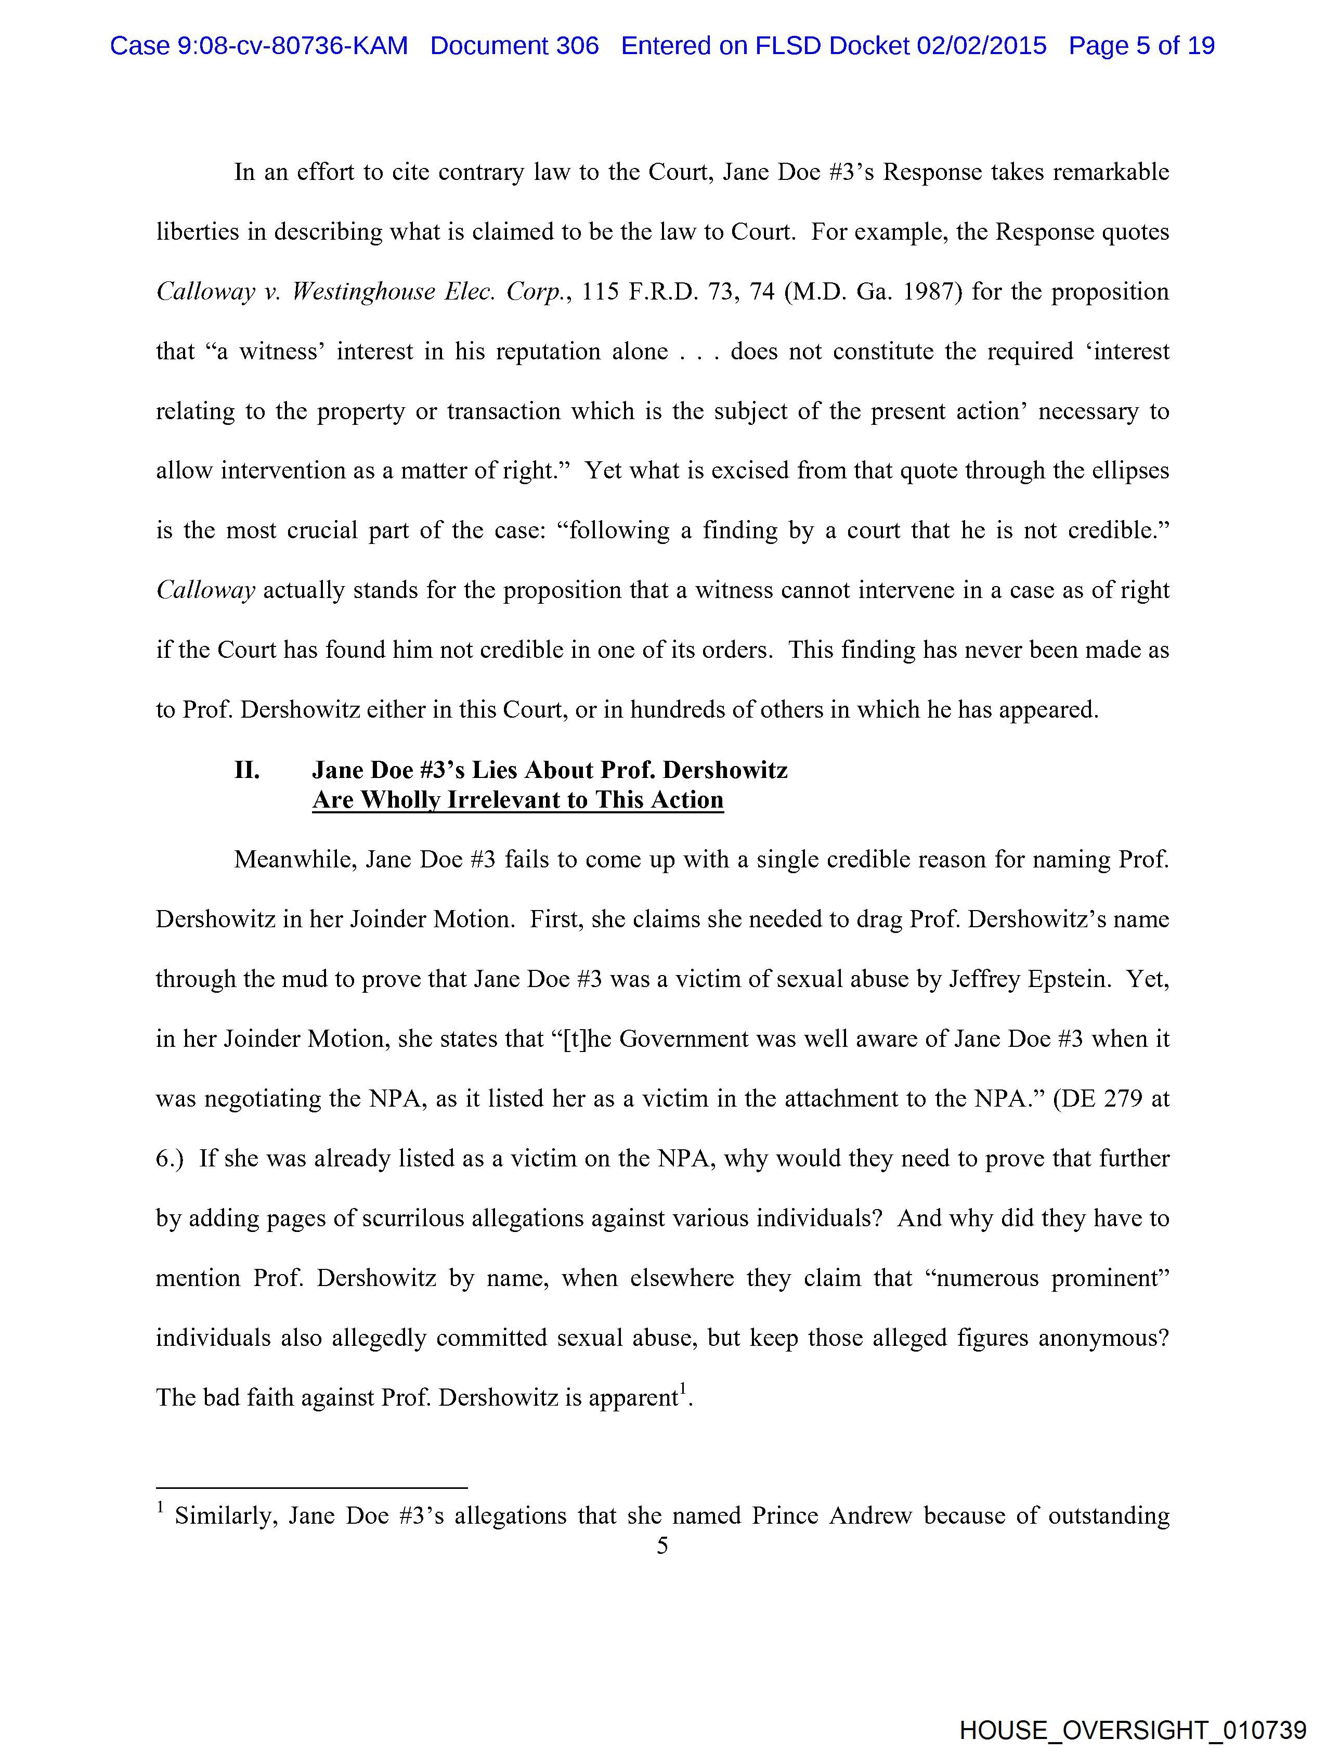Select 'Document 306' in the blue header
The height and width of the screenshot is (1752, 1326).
pyautogui.click(x=514, y=46)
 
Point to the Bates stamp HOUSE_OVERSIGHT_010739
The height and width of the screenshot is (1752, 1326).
pyautogui.click(x=1133, y=1730)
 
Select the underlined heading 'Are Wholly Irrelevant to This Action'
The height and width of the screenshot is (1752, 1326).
pyautogui.click(x=517, y=800)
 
